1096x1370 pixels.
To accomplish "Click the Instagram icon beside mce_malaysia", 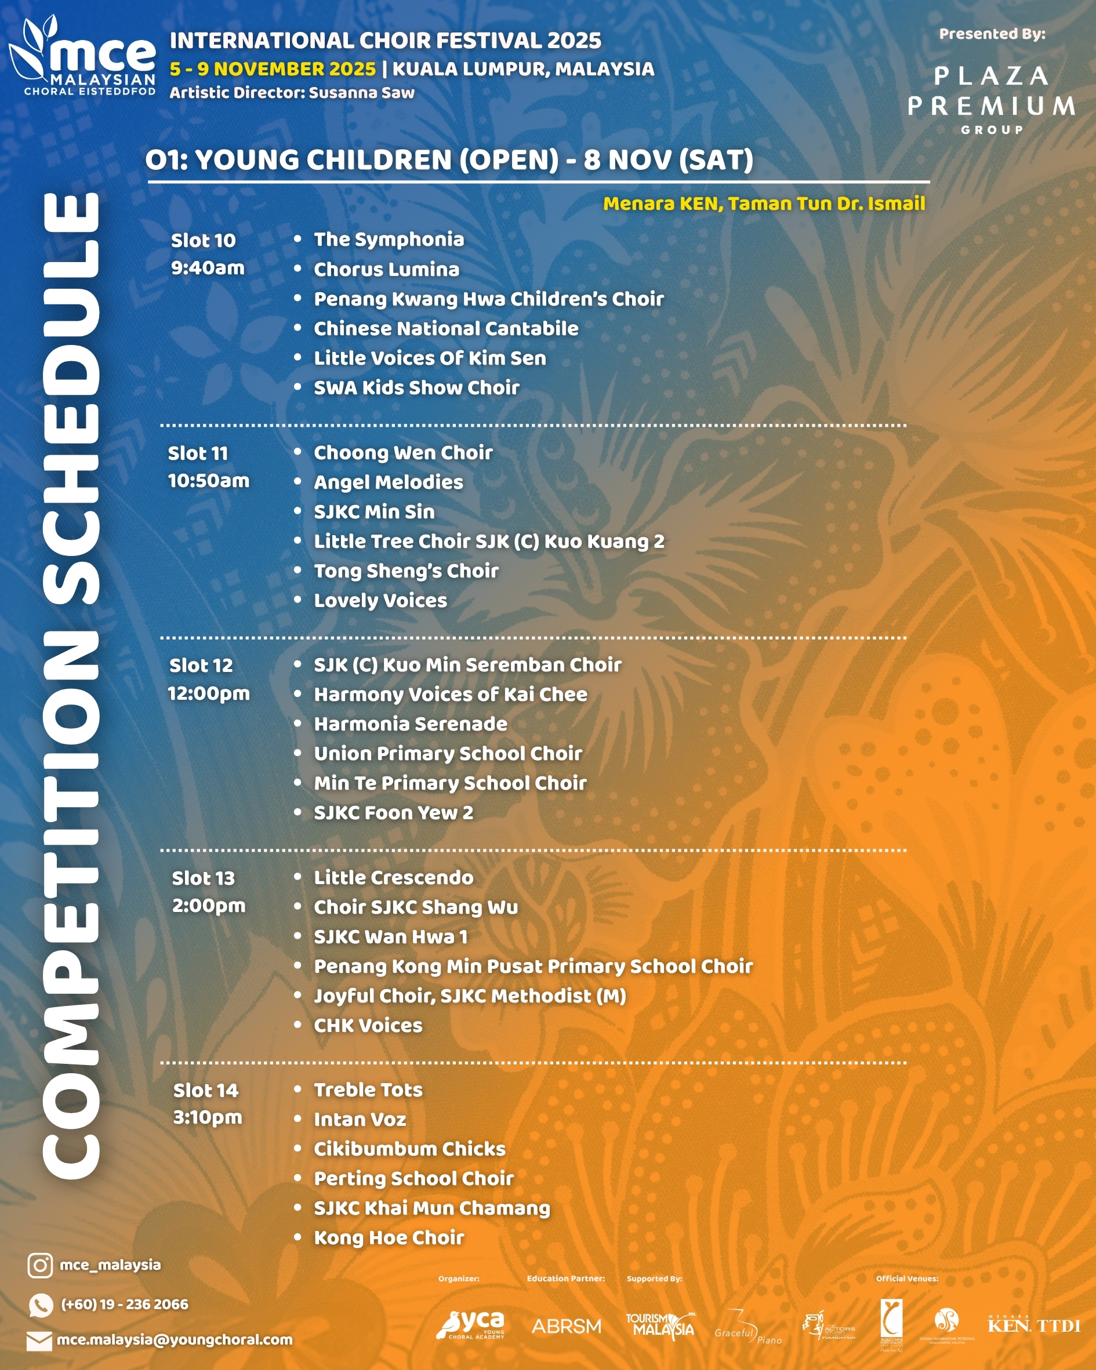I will click(39, 1265).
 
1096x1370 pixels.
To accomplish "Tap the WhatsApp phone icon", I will click(41, 1304).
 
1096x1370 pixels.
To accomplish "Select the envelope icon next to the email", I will click(39, 1341).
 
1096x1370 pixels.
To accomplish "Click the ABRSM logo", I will click(566, 1326).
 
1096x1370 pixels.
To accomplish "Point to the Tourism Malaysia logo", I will click(660, 1325).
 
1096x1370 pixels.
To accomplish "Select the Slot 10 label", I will click(203, 241).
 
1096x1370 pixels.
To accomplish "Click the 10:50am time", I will click(209, 481).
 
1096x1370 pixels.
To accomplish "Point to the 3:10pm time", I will click(208, 1117).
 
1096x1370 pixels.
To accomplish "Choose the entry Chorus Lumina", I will click(386, 270).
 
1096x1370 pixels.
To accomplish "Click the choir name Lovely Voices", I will click(380, 601).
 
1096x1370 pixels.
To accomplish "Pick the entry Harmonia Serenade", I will click(410, 724).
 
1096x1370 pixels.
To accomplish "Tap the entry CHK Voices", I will click(368, 1026).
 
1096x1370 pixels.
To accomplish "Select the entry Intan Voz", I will click(360, 1120).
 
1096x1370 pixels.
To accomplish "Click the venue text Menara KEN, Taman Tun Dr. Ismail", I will click(764, 204).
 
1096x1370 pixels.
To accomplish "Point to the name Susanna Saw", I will click(361, 93).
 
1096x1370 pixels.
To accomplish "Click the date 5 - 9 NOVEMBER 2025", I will click(273, 68).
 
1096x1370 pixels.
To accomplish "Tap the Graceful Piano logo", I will click(747, 1328).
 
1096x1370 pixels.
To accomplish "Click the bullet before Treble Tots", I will click(297, 1089).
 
